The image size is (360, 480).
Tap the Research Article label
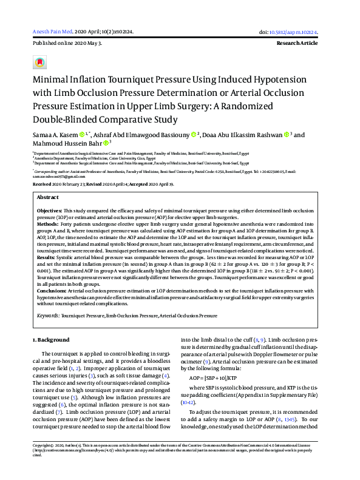(305, 44)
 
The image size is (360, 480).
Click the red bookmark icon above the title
(39, 63)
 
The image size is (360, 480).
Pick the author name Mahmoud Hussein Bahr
(66, 144)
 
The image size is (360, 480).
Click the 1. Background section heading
(51, 340)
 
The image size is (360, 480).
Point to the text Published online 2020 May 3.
(67, 44)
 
